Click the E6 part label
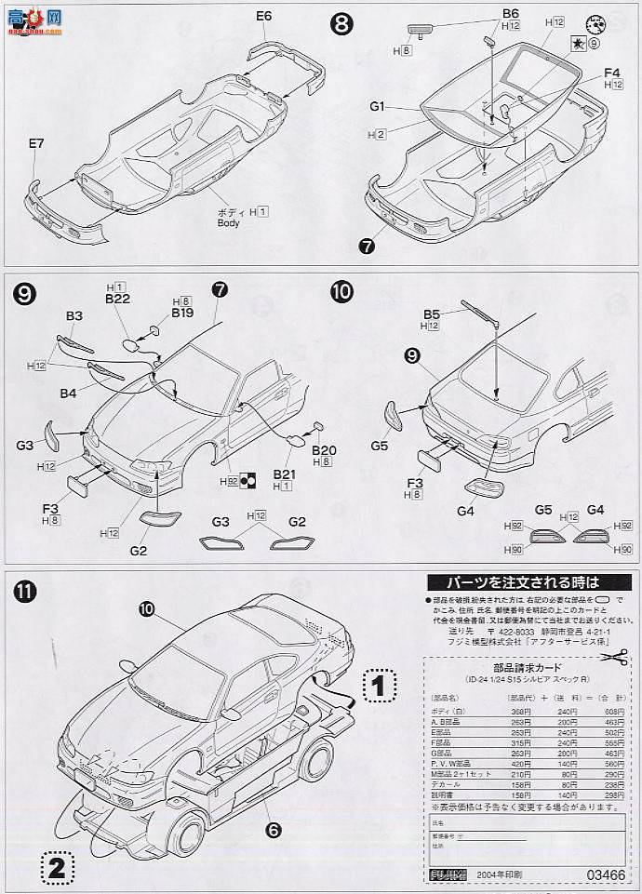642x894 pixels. [264, 16]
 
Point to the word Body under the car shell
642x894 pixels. [228, 223]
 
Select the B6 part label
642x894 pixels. [510, 13]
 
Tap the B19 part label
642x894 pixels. [181, 314]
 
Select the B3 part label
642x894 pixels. [74, 317]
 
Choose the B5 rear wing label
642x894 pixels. [431, 314]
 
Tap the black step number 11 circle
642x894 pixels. [25, 591]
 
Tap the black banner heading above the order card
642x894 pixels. [510, 582]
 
